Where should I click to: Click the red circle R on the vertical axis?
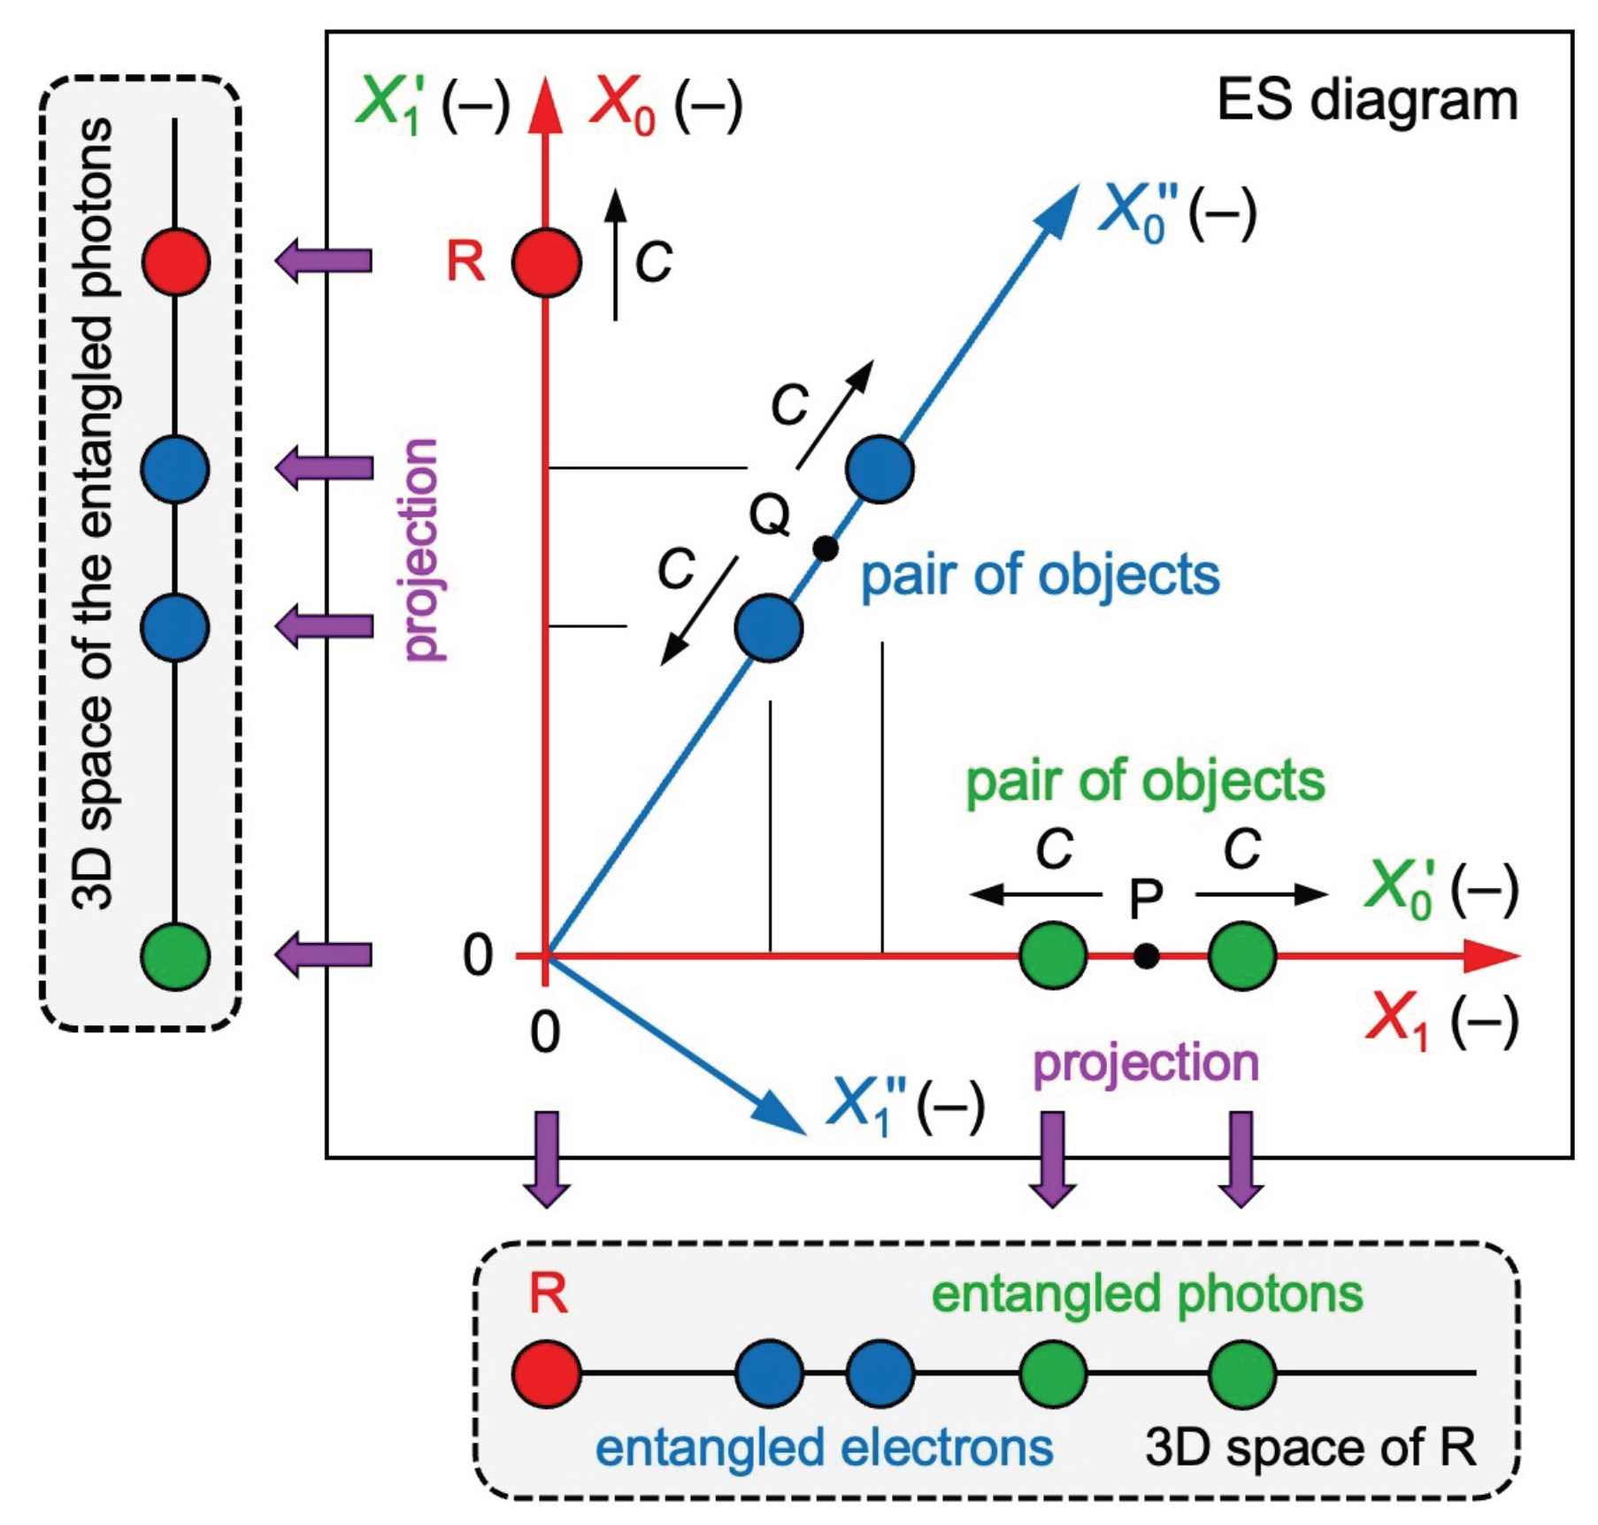(547, 262)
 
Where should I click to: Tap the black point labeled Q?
(825, 548)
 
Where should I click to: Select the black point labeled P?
(1146, 956)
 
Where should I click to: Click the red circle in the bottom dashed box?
(547, 1374)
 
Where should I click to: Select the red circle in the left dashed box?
(176, 262)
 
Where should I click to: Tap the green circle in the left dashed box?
(176, 956)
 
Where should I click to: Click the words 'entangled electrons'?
(824, 1447)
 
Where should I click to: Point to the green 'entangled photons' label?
(1147, 1294)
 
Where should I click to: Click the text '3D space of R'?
(1310, 1447)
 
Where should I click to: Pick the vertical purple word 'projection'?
(421, 549)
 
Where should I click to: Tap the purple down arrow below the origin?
(547, 1159)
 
